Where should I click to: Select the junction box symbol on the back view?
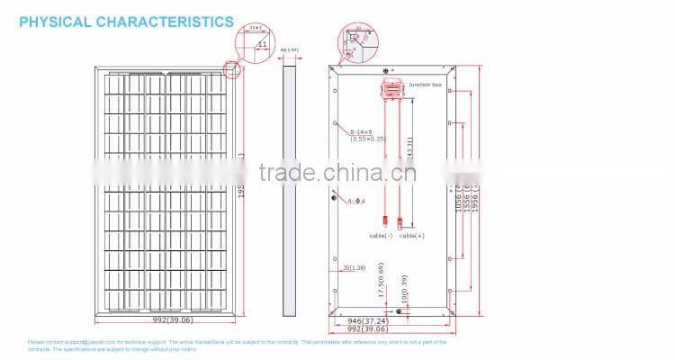390,87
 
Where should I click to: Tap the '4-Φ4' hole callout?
355,201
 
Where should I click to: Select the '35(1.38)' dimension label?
355,268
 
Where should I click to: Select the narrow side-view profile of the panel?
289,189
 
